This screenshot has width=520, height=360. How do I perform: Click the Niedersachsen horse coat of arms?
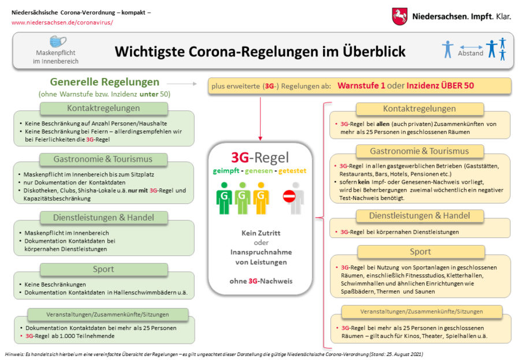pyautogui.click(x=400, y=16)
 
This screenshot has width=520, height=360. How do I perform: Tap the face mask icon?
pyautogui.click(x=58, y=42)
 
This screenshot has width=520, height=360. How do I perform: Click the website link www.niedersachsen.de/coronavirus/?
pyautogui.click(x=62, y=23)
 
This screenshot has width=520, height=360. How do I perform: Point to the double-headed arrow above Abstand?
pyautogui.click(x=471, y=47)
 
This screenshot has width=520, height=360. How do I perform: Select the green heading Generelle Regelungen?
pyautogui.click(x=105, y=81)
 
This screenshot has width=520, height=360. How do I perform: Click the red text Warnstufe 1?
pyautogui.click(x=361, y=86)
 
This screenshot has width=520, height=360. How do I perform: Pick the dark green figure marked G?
pyautogui.click(x=224, y=198)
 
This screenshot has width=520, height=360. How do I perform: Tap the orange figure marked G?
pyautogui.click(x=261, y=198)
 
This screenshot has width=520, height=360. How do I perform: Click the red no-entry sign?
pyautogui.click(x=289, y=196)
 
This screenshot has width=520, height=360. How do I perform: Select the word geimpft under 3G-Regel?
pyautogui.click(x=226, y=171)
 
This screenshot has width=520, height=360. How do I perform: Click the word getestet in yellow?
pyautogui.click(x=292, y=171)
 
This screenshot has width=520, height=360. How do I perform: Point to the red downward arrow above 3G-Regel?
pyautogui.click(x=261, y=119)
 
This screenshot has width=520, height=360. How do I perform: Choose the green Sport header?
pyautogui.click(x=103, y=269)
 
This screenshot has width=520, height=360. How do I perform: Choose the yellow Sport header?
pyautogui.click(x=421, y=251)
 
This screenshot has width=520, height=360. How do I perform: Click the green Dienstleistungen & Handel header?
pyautogui.click(x=103, y=217)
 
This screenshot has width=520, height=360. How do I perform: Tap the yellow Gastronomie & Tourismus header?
pyautogui.click(x=419, y=151)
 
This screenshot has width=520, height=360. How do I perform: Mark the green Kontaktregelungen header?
pyautogui.click(x=103, y=108)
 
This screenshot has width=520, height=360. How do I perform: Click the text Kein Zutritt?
pyautogui.click(x=261, y=233)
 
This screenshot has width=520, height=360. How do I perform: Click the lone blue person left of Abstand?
pyautogui.click(x=448, y=49)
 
